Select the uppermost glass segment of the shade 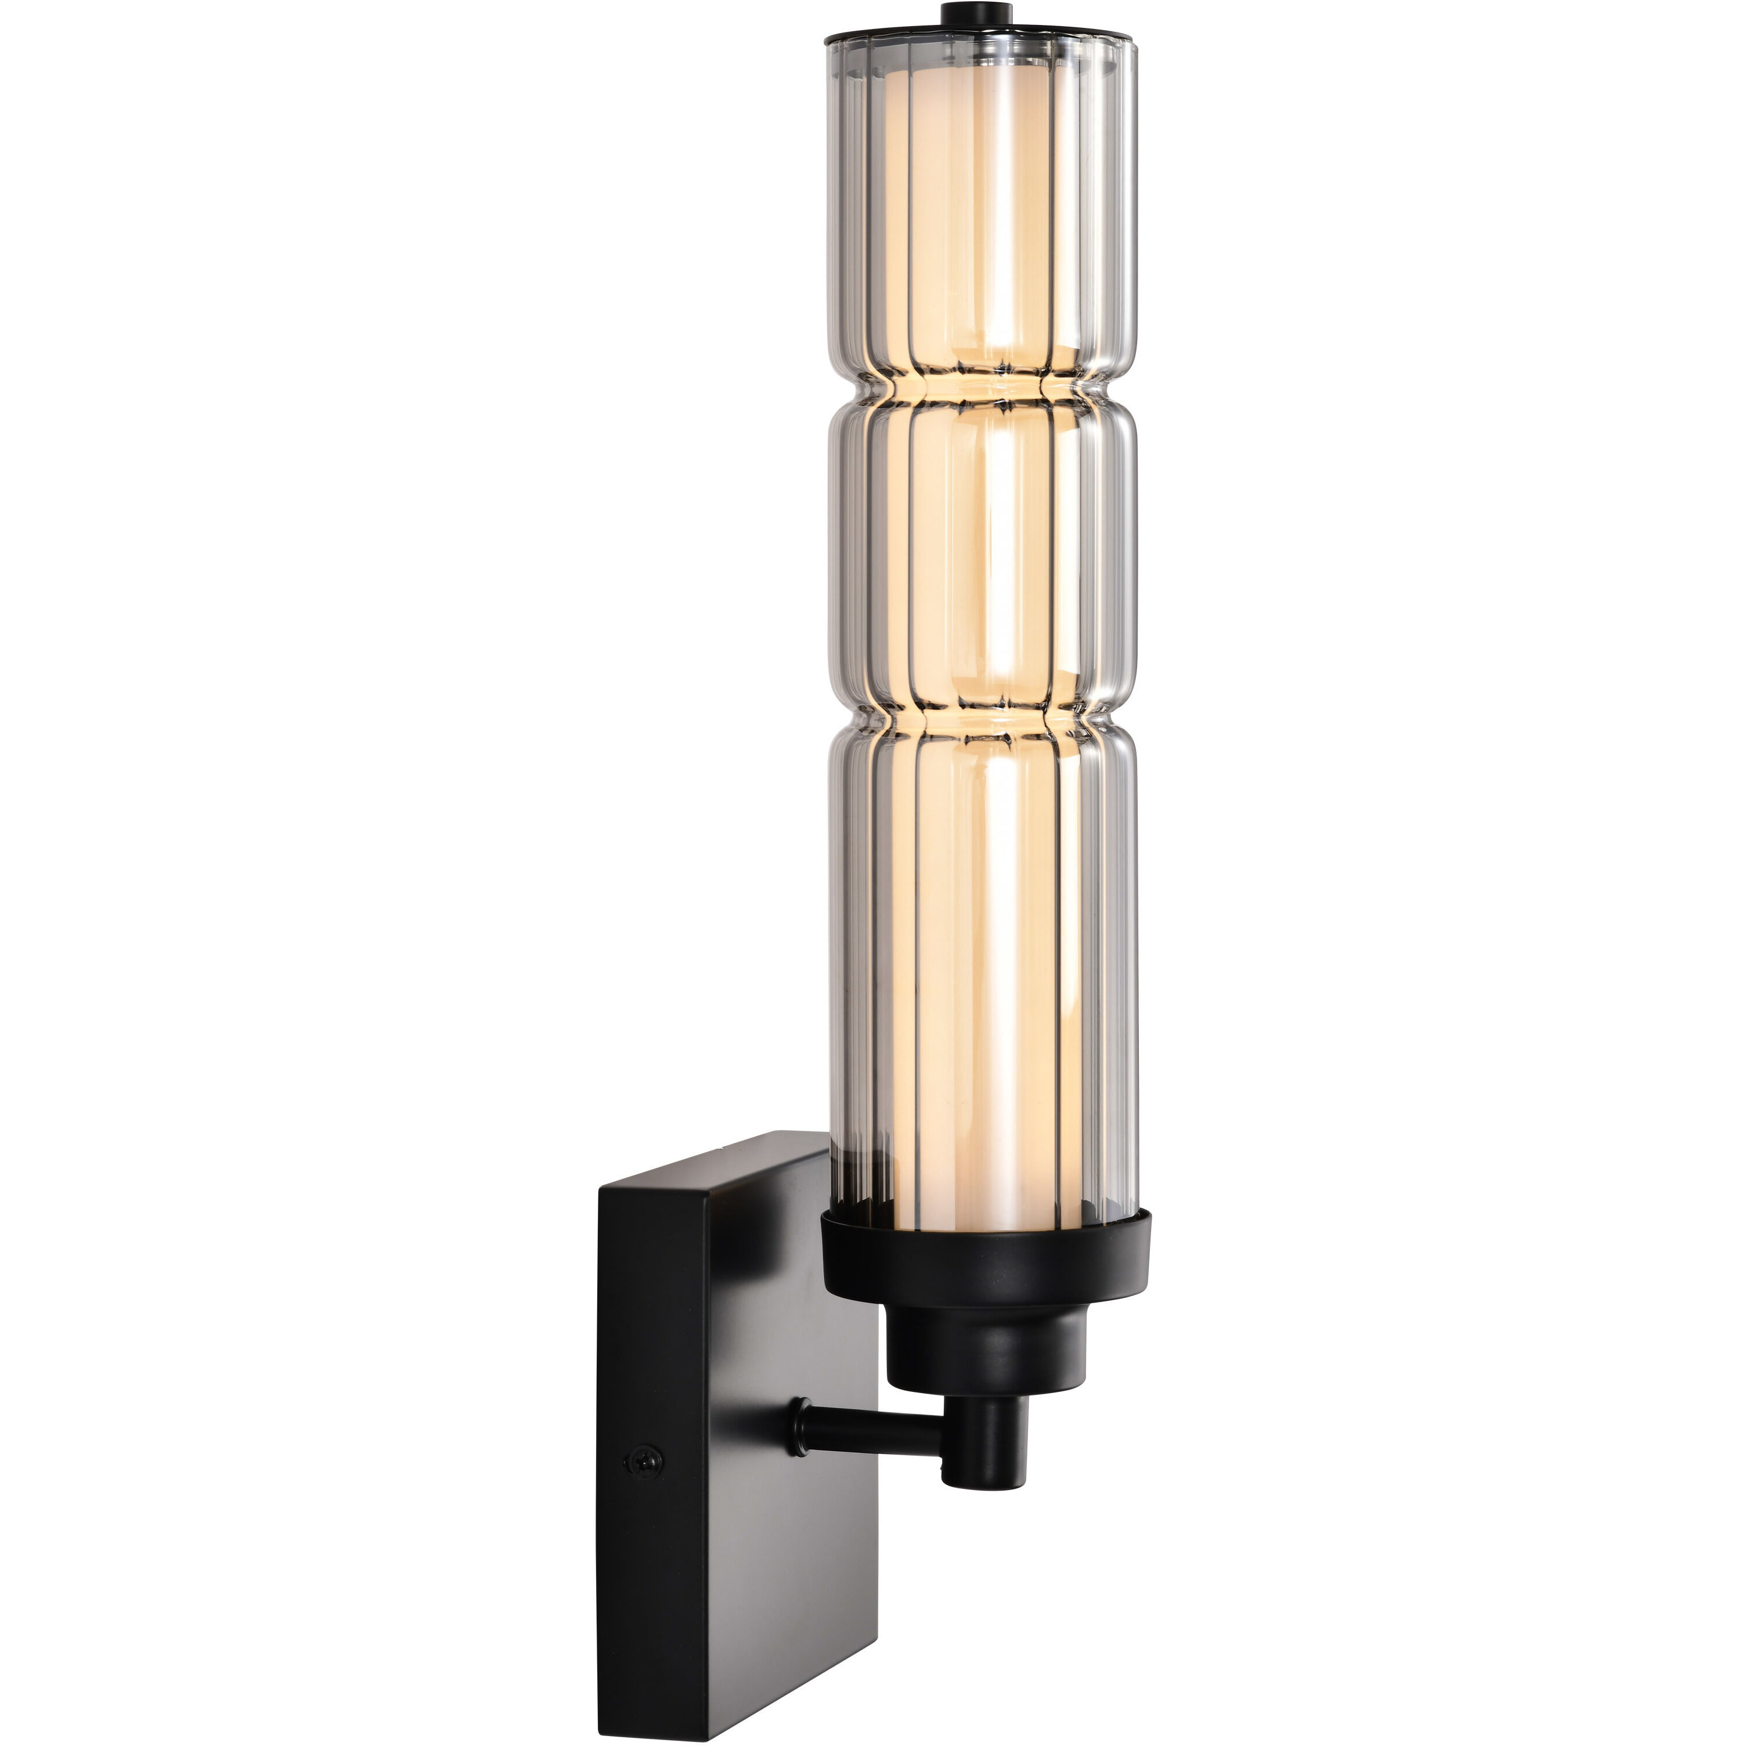(982, 208)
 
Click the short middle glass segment (982, 551)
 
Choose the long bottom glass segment (982, 949)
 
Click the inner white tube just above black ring (982, 1193)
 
